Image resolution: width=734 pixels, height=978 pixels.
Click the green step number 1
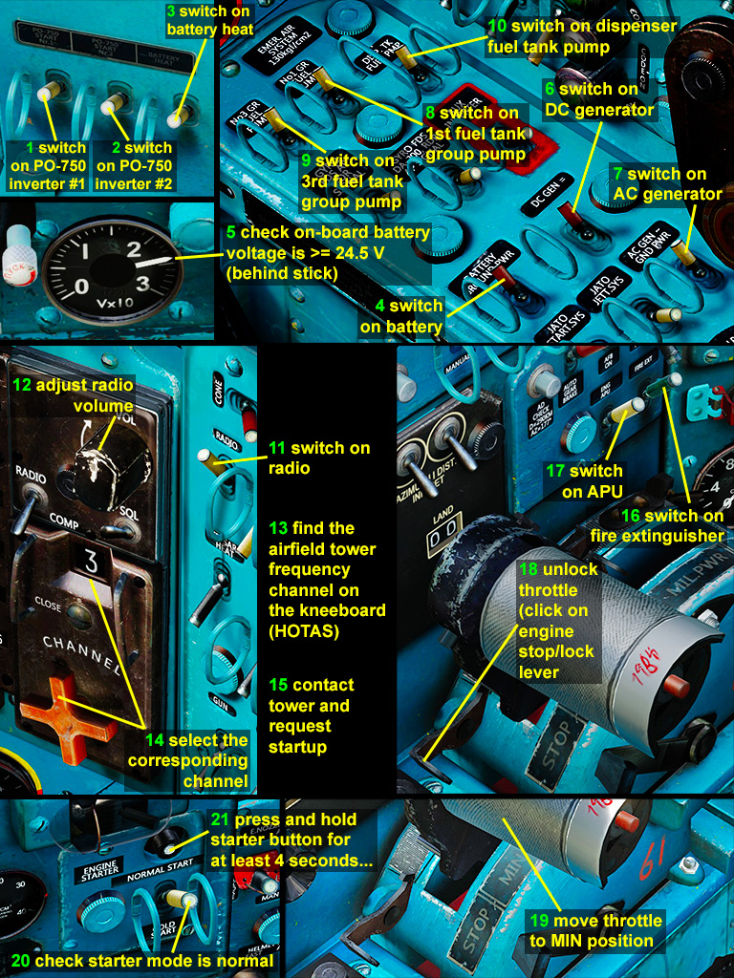(31, 148)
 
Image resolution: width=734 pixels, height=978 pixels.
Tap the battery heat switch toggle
(175, 119)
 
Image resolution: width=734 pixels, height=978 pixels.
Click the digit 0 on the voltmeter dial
(80, 286)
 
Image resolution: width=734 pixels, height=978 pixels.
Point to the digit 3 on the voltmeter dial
(142, 284)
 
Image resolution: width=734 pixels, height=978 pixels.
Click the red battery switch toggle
(497, 278)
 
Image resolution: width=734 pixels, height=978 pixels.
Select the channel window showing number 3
(92, 561)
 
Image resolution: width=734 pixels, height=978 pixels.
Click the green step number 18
(529, 569)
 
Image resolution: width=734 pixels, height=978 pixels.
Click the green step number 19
(539, 921)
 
